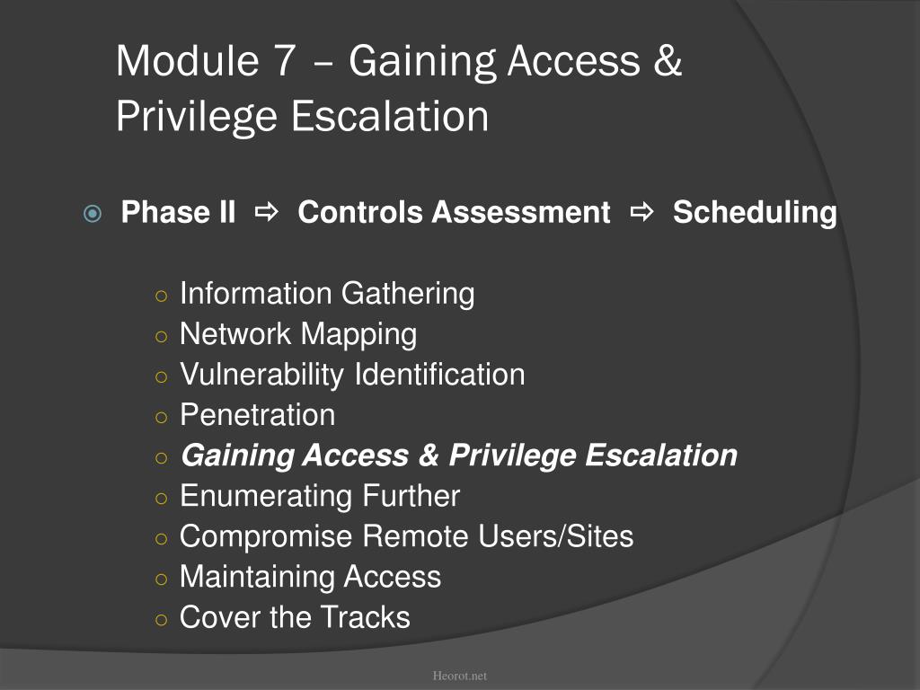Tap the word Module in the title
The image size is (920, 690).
(x=188, y=60)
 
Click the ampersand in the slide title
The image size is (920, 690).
(x=668, y=60)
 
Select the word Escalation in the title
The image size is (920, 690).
(x=390, y=116)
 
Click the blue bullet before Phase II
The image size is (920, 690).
(x=93, y=214)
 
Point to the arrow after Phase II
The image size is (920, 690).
(x=267, y=212)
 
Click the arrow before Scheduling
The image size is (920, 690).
(x=641, y=212)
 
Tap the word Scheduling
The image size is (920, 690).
(x=755, y=212)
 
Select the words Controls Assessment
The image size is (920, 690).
(x=454, y=212)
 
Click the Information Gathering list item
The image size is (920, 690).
(x=327, y=294)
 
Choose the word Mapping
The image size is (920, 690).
(x=359, y=334)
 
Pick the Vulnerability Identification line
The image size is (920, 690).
(x=352, y=375)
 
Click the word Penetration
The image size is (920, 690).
(x=258, y=415)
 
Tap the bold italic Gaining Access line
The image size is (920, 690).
(x=459, y=456)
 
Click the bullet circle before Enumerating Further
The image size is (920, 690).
(x=162, y=499)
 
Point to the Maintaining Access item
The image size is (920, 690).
(x=310, y=577)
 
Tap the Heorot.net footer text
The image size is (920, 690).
(x=459, y=676)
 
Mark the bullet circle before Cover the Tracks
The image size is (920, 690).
(x=162, y=620)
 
